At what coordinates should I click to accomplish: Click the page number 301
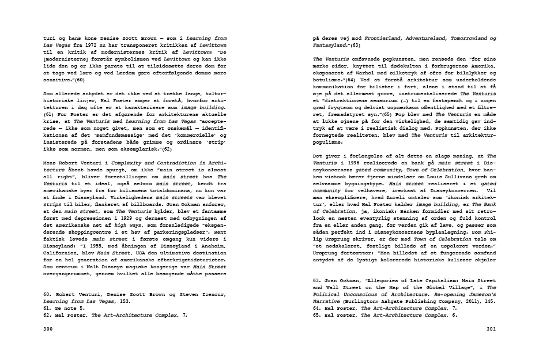491,329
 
